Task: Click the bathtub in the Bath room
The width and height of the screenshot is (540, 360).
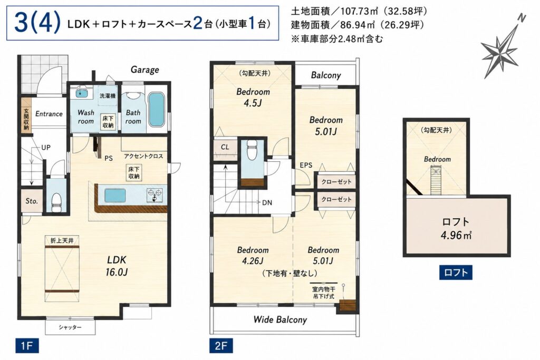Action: tap(157, 110)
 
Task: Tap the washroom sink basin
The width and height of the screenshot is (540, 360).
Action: tap(81, 93)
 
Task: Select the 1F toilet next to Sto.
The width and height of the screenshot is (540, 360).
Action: tap(56, 202)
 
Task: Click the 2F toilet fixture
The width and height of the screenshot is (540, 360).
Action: tap(252, 150)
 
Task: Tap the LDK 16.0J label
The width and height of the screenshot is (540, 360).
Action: tap(117, 266)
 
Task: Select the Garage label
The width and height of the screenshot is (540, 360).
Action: tap(144, 70)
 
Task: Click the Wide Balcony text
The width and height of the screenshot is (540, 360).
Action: tap(280, 320)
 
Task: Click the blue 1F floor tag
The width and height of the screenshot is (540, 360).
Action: tap(27, 346)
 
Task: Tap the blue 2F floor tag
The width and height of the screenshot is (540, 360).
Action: tap(221, 346)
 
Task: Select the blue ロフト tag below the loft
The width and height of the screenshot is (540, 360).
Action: tap(456, 273)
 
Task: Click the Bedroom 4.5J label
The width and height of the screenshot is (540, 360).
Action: tap(253, 97)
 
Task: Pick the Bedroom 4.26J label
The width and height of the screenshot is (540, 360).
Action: tap(253, 255)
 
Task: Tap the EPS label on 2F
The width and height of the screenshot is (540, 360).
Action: tap(306, 165)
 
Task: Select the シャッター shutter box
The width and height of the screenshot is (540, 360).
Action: tap(70, 327)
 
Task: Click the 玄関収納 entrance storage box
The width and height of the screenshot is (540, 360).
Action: tap(26, 119)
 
